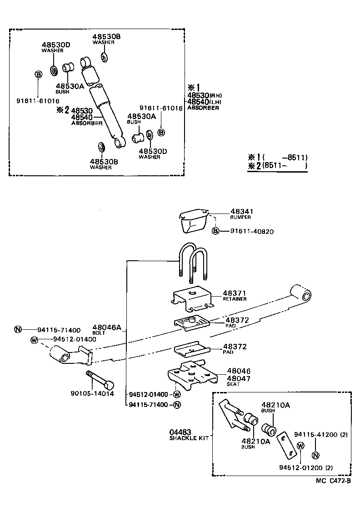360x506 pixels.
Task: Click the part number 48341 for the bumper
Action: click(x=241, y=212)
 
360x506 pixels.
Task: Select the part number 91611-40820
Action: click(x=252, y=231)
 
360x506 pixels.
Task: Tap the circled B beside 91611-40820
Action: click(x=216, y=231)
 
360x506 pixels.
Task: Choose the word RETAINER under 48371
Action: click(x=235, y=299)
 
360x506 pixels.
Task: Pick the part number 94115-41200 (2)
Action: click(x=320, y=435)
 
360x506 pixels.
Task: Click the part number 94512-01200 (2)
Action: click(x=306, y=467)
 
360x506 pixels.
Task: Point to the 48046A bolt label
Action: click(x=107, y=327)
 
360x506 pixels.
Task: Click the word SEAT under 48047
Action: click(x=233, y=384)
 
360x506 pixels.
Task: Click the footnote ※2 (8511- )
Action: click(x=277, y=166)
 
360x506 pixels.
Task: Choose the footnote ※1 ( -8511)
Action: click(x=277, y=157)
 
